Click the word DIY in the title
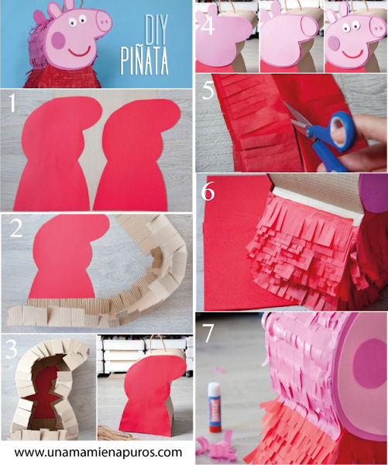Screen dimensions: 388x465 156,29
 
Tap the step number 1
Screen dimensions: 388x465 12,104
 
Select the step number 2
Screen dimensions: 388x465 16,229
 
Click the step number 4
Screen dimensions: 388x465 208,26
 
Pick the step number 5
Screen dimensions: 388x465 208,90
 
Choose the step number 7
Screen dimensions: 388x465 208,333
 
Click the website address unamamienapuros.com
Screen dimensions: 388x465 98,453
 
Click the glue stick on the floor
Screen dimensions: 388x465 215,407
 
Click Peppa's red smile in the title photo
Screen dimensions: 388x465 79,53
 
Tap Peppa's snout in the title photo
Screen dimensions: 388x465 104,22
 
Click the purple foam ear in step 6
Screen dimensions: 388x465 373,194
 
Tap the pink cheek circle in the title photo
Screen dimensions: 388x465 58,40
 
